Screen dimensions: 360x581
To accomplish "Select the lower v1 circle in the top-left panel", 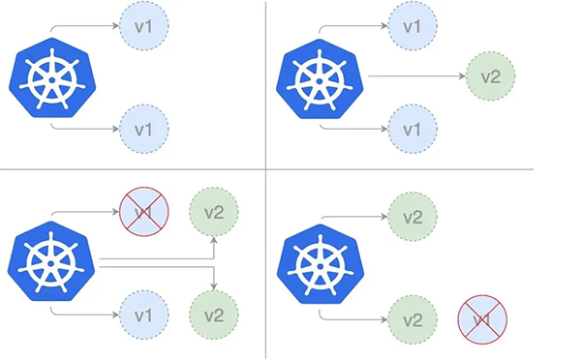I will (144, 127).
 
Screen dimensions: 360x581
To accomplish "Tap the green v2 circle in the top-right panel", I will (490, 76).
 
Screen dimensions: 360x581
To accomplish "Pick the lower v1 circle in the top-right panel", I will (412, 127).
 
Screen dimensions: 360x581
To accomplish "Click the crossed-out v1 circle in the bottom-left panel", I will (144, 210).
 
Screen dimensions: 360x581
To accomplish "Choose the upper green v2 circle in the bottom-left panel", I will (214, 210).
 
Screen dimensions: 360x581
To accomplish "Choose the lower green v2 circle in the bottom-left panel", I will (214, 315).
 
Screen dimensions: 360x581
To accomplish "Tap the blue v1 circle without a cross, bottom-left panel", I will (144, 315).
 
